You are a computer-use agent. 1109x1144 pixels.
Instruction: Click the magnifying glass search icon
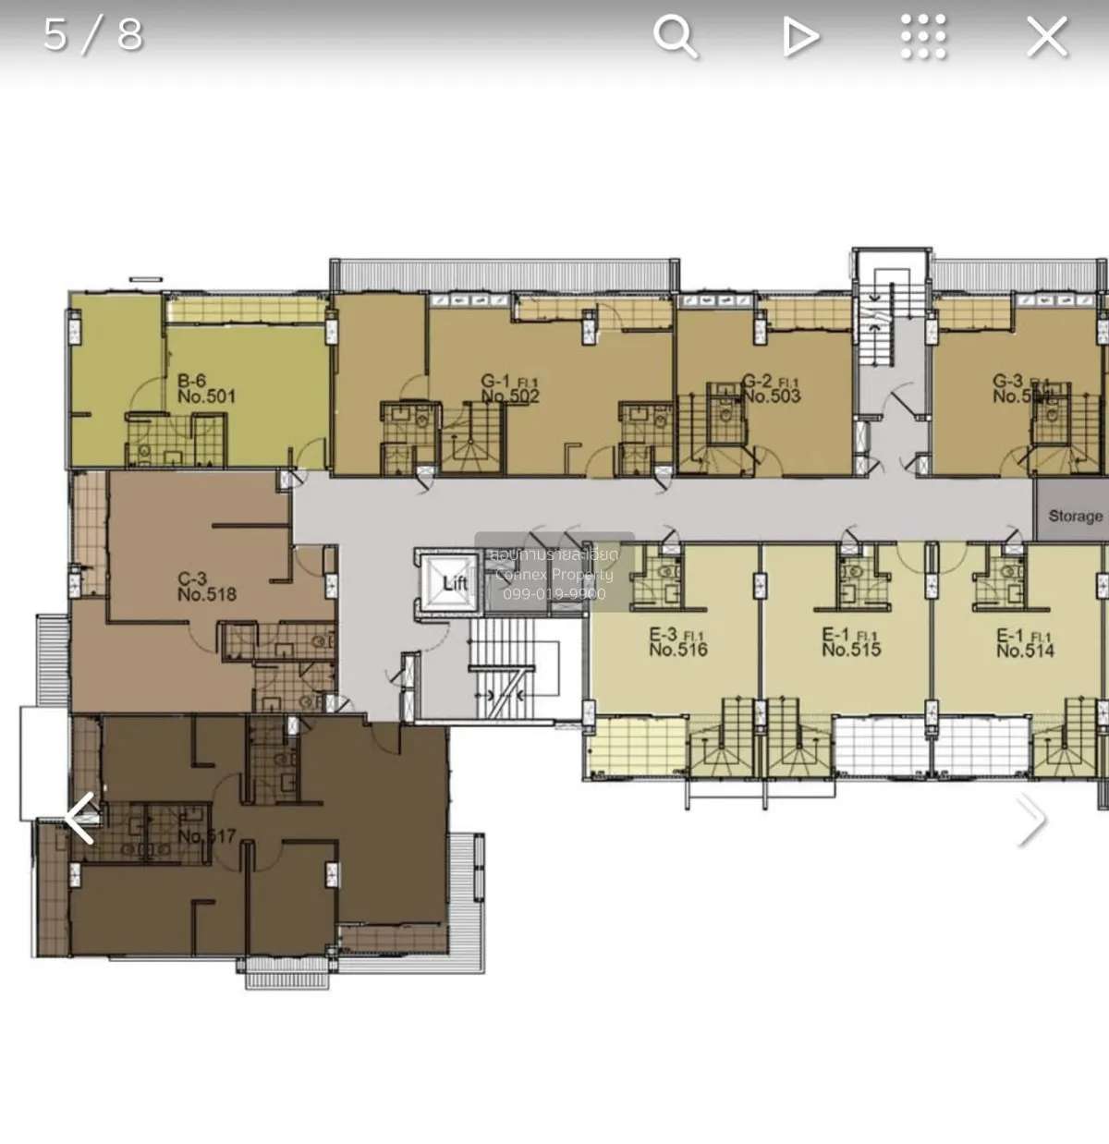[675, 37]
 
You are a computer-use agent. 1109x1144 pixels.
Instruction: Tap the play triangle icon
[800, 37]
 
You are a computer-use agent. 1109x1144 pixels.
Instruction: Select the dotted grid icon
[923, 37]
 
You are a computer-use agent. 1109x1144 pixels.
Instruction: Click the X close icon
[1047, 37]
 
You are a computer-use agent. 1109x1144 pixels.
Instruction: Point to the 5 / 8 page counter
[93, 35]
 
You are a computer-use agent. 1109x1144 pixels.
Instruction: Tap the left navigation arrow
[80, 819]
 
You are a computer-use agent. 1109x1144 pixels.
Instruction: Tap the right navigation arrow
[1030, 819]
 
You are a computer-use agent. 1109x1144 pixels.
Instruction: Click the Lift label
[455, 583]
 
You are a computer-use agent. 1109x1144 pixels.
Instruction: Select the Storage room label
[1075, 516]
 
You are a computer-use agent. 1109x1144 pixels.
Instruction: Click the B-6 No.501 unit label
[206, 389]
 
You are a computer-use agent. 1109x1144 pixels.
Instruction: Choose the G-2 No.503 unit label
[771, 389]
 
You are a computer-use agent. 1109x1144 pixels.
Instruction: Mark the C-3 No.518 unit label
[206, 588]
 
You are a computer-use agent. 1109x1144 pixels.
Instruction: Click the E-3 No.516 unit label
[677, 642]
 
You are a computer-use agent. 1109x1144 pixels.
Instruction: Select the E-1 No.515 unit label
[851, 642]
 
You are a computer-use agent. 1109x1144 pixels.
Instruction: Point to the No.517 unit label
[207, 836]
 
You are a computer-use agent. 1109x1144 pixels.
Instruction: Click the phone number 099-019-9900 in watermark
[554, 594]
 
